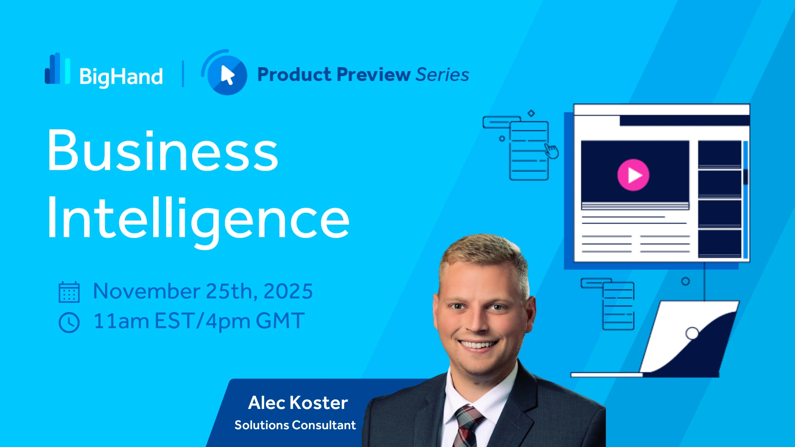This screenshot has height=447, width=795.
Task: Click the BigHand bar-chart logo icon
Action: (x=57, y=68)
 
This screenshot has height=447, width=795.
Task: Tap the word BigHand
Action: (x=121, y=77)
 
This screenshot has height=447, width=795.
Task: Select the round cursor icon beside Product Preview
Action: (x=224, y=73)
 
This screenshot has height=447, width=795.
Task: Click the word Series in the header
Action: (x=442, y=74)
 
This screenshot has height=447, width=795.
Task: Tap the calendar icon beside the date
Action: (x=69, y=292)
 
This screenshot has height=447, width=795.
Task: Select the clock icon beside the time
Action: (x=69, y=322)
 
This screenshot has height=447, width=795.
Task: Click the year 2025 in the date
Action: (x=288, y=291)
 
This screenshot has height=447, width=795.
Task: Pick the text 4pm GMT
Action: (x=255, y=322)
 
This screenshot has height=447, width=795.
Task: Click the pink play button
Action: (x=633, y=175)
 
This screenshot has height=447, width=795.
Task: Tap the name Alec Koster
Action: (x=298, y=403)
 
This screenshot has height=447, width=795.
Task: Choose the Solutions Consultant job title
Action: (x=295, y=425)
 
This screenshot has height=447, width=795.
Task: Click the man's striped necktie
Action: (x=468, y=426)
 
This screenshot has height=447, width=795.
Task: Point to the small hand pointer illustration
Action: (x=551, y=151)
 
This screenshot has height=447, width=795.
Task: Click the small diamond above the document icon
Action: (x=531, y=113)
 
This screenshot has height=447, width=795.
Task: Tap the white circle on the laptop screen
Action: (x=692, y=333)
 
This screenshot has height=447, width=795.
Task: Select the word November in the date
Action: (x=147, y=291)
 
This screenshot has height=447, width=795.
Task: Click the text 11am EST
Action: (x=143, y=321)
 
